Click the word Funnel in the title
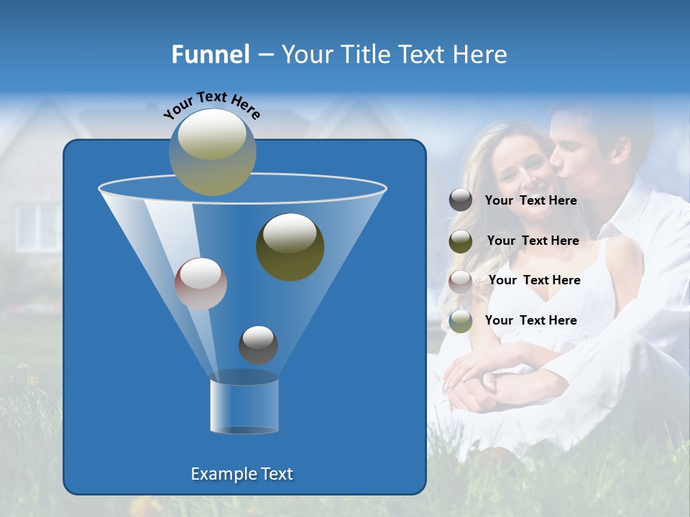(x=211, y=55)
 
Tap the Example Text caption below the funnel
(x=241, y=474)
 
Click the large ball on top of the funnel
(x=213, y=152)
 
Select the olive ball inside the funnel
(x=290, y=247)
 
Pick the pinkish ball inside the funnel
(x=201, y=284)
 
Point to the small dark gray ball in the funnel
(x=258, y=345)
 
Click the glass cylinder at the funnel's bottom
(x=244, y=406)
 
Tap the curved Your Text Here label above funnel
(x=211, y=104)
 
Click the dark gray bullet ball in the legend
(x=461, y=200)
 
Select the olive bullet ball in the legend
(x=461, y=241)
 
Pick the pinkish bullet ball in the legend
(x=461, y=281)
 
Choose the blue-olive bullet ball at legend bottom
(x=461, y=320)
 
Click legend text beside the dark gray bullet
(x=530, y=200)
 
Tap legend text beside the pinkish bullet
(x=534, y=280)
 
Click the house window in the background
(x=37, y=226)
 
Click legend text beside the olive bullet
(x=533, y=241)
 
